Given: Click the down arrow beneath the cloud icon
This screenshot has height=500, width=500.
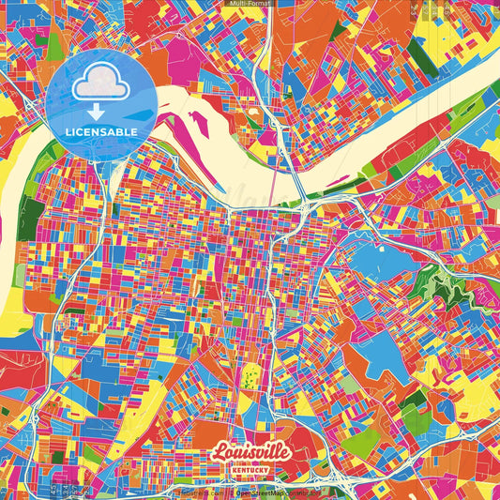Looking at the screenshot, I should (x=96, y=112).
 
